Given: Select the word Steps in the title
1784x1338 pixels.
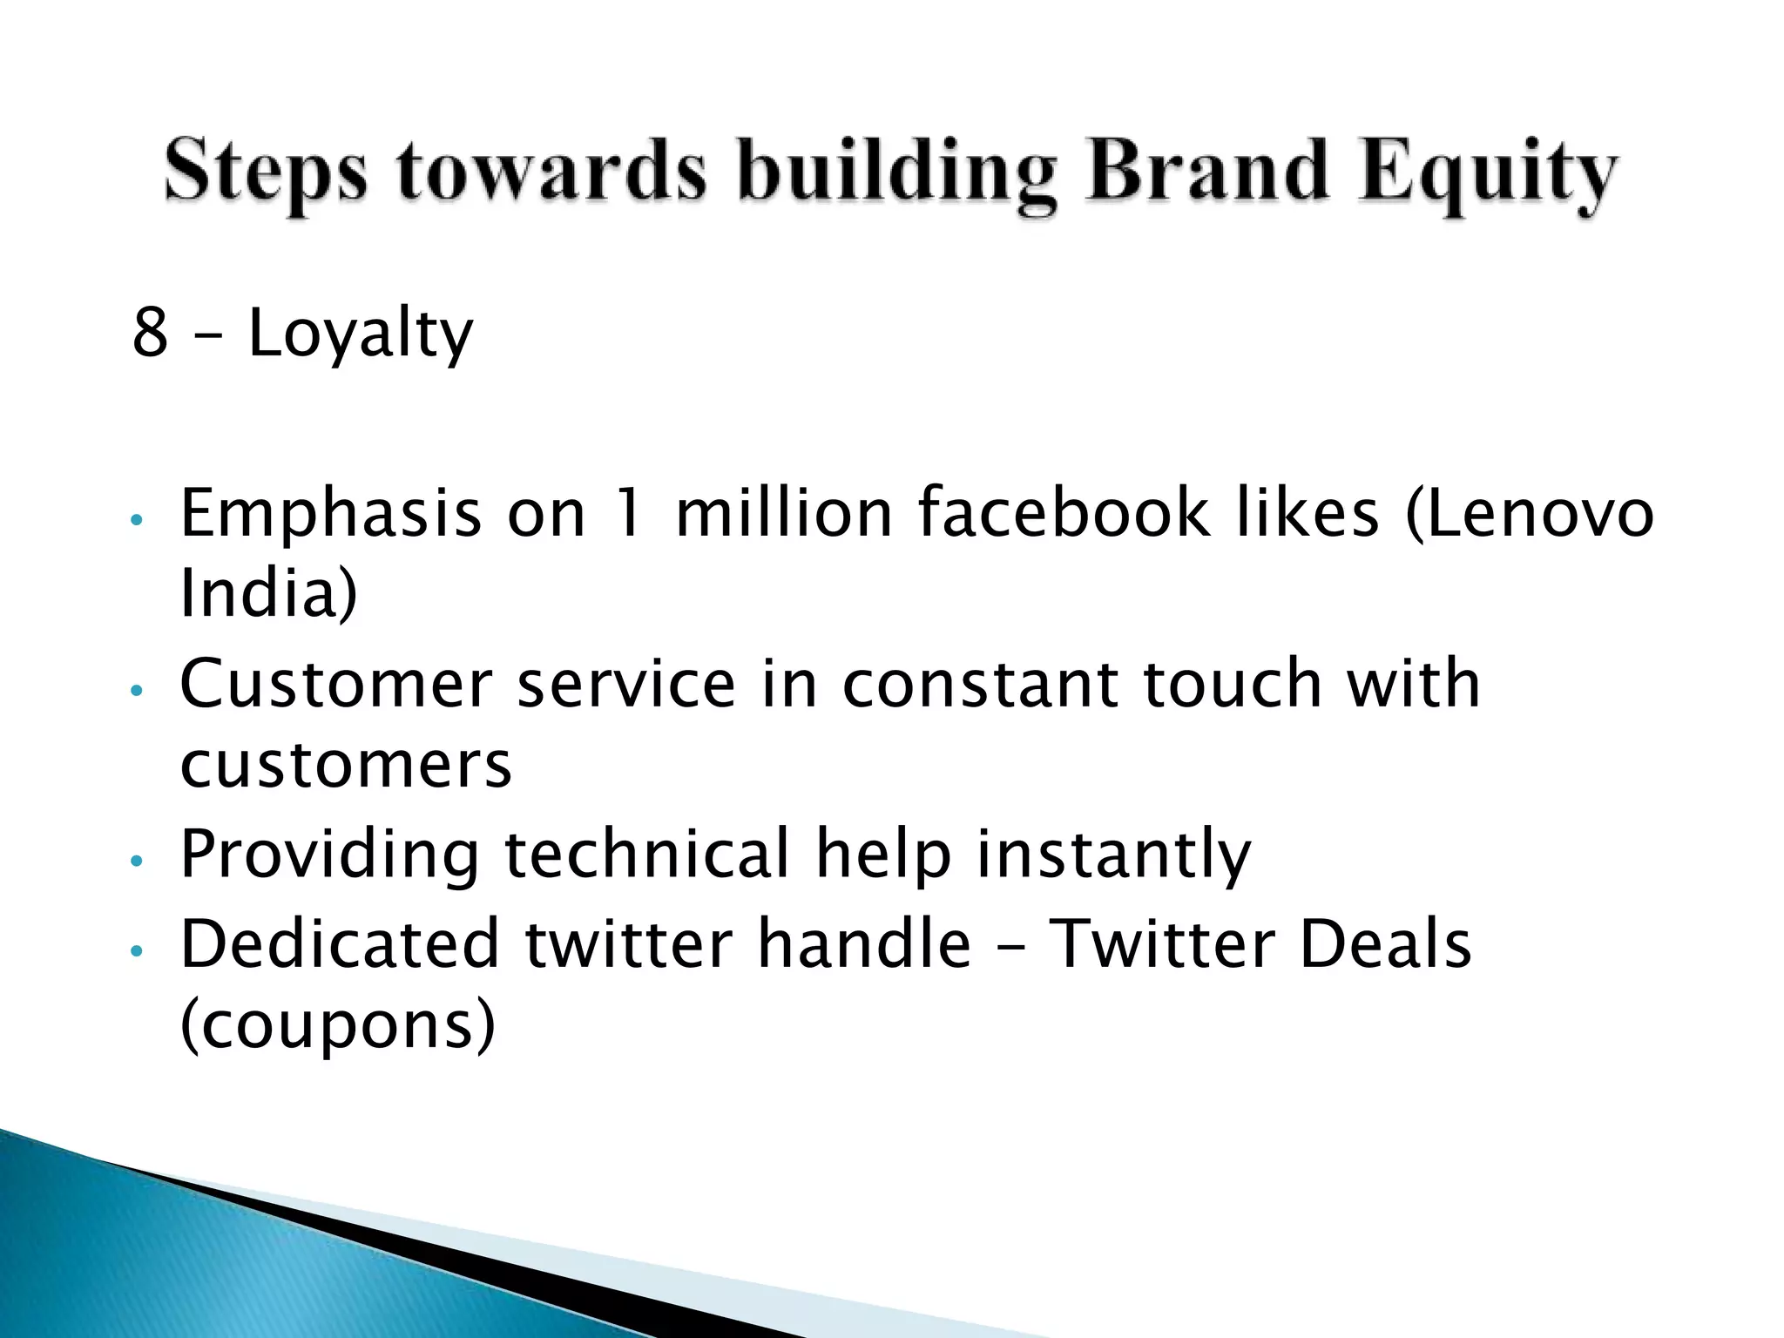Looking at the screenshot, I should pyautogui.click(x=265, y=174).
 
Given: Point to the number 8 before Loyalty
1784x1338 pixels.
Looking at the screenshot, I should pyautogui.click(x=150, y=333).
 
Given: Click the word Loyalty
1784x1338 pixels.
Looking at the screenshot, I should pyautogui.click(x=360, y=335).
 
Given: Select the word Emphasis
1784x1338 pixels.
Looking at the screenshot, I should pyautogui.click(x=330, y=514).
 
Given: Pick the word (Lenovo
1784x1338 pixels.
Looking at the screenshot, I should pyautogui.click(x=1529, y=514).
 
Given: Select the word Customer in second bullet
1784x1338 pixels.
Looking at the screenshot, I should pyautogui.click(x=336, y=684).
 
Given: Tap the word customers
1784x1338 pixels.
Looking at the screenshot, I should pyautogui.click(x=346, y=766).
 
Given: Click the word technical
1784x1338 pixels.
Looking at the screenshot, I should pyautogui.click(x=646, y=854).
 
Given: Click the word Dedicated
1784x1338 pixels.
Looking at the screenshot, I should pyautogui.click(x=340, y=944).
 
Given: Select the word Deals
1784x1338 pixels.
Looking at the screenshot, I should pyautogui.click(x=1385, y=944).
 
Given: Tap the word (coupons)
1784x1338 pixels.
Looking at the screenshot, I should pyautogui.click(x=338, y=1026).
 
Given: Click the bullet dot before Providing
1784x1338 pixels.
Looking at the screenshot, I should pyautogui.click(x=135, y=861).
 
